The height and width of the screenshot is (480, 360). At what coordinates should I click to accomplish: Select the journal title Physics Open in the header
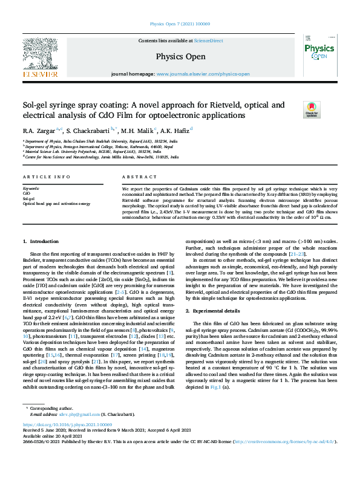click(x=180, y=57)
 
